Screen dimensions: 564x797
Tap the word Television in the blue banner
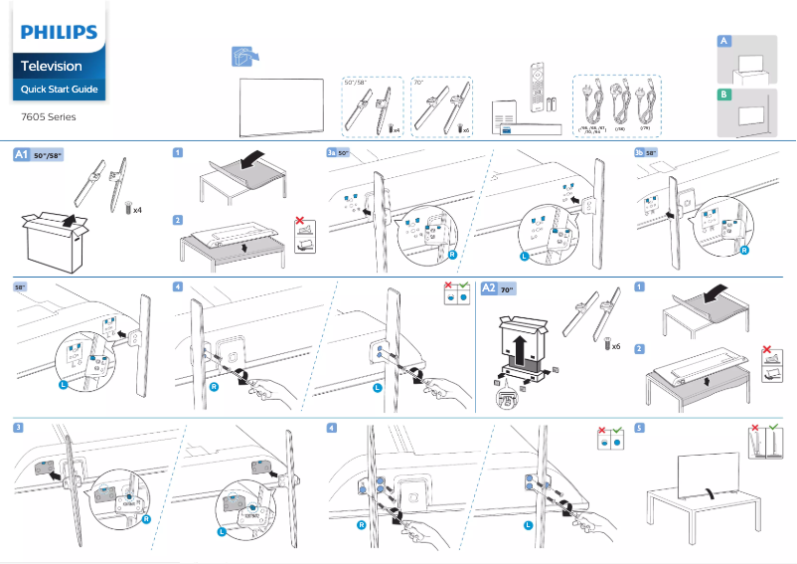coord(53,66)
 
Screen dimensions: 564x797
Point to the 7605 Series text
coord(49,116)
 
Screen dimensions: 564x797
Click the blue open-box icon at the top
coord(242,58)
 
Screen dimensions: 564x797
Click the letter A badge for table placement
coord(724,41)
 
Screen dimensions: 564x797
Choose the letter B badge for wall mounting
coord(724,93)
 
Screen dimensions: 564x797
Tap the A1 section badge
coord(21,155)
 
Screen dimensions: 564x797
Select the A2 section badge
coord(489,287)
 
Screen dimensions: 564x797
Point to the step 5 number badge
coord(640,428)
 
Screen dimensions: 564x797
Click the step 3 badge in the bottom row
coord(19,428)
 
